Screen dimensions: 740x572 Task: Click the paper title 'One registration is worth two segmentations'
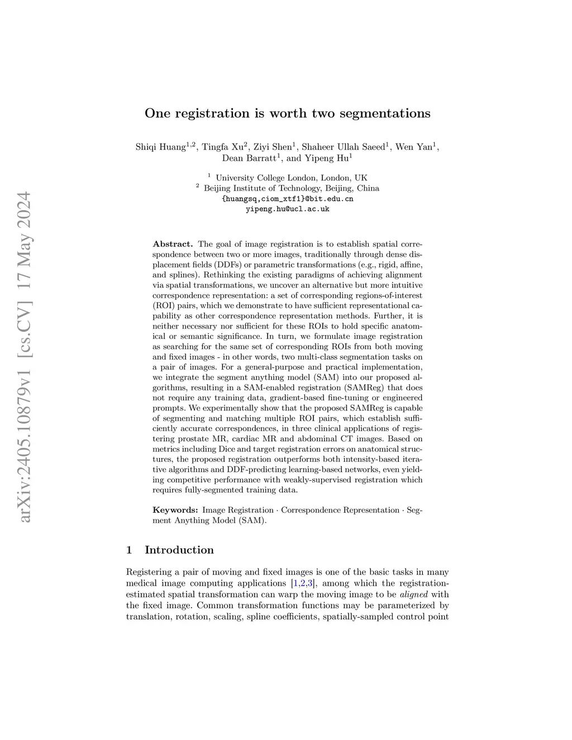point(287,113)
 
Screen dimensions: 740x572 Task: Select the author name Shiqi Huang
point(160,147)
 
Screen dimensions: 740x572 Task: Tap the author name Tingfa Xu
point(222,147)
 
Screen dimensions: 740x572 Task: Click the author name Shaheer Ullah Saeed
point(343,147)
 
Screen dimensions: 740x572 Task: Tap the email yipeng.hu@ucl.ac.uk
point(288,209)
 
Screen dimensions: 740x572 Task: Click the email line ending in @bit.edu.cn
point(288,199)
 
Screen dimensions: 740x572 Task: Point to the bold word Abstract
point(173,244)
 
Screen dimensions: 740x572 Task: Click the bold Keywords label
point(175,510)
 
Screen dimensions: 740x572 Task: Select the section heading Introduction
point(179,550)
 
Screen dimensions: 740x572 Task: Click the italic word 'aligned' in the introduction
point(414,594)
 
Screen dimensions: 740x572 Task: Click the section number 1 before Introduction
point(130,550)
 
